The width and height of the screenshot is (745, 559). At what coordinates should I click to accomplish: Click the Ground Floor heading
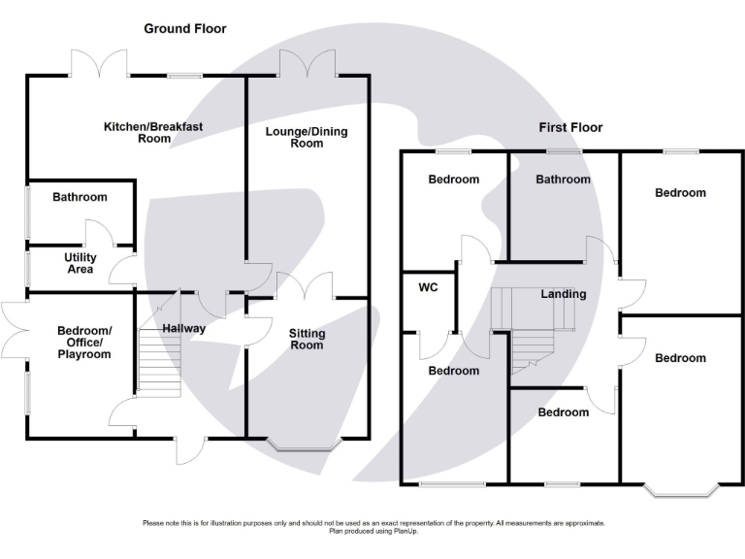pyautogui.click(x=185, y=29)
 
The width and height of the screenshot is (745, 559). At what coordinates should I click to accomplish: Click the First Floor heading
pyautogui.click(x=570, y=127)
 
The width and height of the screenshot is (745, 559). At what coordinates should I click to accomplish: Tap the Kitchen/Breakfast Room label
pyautogui.click(x=153, y=133)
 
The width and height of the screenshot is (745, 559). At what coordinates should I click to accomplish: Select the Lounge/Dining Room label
pyautogui.click(x=307, y=138)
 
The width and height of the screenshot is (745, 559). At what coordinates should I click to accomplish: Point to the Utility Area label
pyautogui.click(x=81, y=263)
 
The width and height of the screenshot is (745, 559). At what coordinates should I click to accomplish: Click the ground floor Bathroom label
pyautogui.click(x=80, y=197)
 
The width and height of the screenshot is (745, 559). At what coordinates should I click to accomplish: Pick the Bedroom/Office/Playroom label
pyautogui.click(x=84, y=343)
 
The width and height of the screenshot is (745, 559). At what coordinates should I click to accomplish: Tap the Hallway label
pyautogui.click(x=184, y=328)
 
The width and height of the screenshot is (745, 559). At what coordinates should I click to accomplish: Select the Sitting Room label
pyautogui.click(x=307, y=340)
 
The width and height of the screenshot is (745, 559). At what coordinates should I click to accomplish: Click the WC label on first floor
pyautogui.click(x=428, y=287)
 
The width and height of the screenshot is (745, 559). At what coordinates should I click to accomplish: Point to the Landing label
pyautogui.click(x=564, y=294)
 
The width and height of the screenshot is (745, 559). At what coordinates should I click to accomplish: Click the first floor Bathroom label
pyautogui.click(x=563, y=180)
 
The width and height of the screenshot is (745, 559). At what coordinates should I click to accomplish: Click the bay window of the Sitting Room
pyautogui.click(x=304, y=444)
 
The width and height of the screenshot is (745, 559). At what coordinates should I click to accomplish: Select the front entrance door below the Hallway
pyautogui.click(x=191, y=450)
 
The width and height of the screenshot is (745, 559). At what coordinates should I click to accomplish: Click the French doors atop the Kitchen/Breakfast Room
pyautogui.click(x=99, y=63)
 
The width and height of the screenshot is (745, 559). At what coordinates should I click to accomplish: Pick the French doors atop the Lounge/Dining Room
pyautogui.click(x=308, y=63)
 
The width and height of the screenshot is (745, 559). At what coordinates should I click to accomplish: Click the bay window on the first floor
pyautogui.click(x=681, y=491)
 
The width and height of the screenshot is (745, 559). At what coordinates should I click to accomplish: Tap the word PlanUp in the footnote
pyautogui.click(x=405, y=532)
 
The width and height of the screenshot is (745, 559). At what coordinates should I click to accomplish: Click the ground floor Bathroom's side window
pyautogui.click(x=27, y=212)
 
